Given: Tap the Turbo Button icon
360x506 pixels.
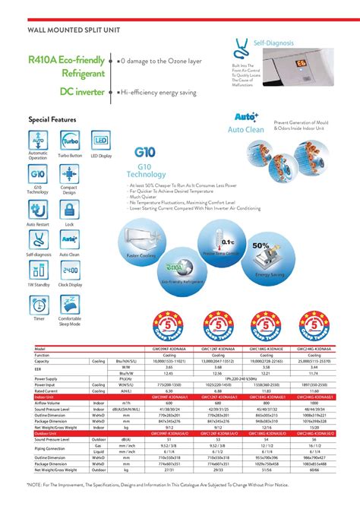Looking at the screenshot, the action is click(69, 141).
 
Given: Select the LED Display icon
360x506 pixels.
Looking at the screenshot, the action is click(100, 141).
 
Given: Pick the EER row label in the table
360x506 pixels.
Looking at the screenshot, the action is click(39, 367).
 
